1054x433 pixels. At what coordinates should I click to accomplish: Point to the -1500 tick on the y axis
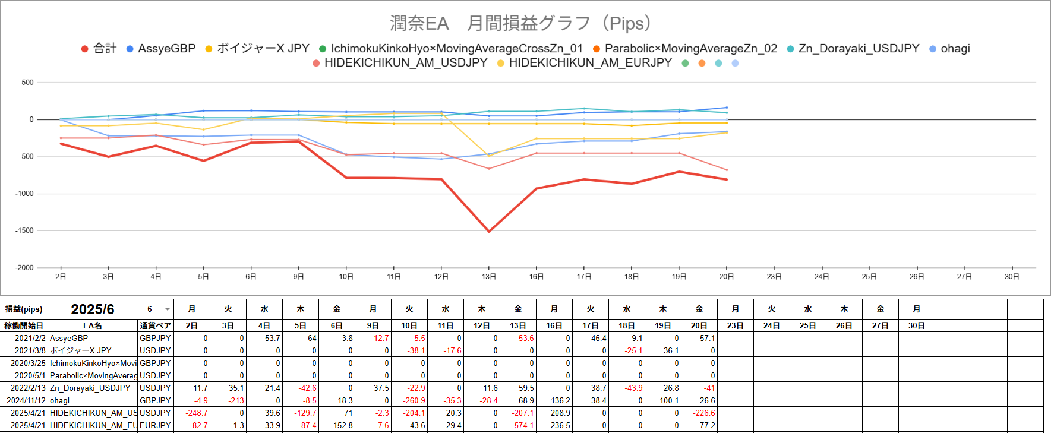(24, 230)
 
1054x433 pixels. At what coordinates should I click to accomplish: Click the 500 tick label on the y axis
(27, 83)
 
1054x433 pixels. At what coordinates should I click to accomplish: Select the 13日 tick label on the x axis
(489, 277)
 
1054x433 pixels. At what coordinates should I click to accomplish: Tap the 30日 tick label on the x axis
(1012, 277)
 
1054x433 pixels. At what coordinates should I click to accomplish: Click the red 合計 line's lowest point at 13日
(489, 232)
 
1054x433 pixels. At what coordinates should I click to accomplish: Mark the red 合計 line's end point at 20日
(726, 179)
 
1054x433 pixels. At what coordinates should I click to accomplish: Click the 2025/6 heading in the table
(93, 309)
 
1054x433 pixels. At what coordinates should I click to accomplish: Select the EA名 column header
(92, 325)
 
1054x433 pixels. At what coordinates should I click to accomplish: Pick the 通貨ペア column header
(155, 325)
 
